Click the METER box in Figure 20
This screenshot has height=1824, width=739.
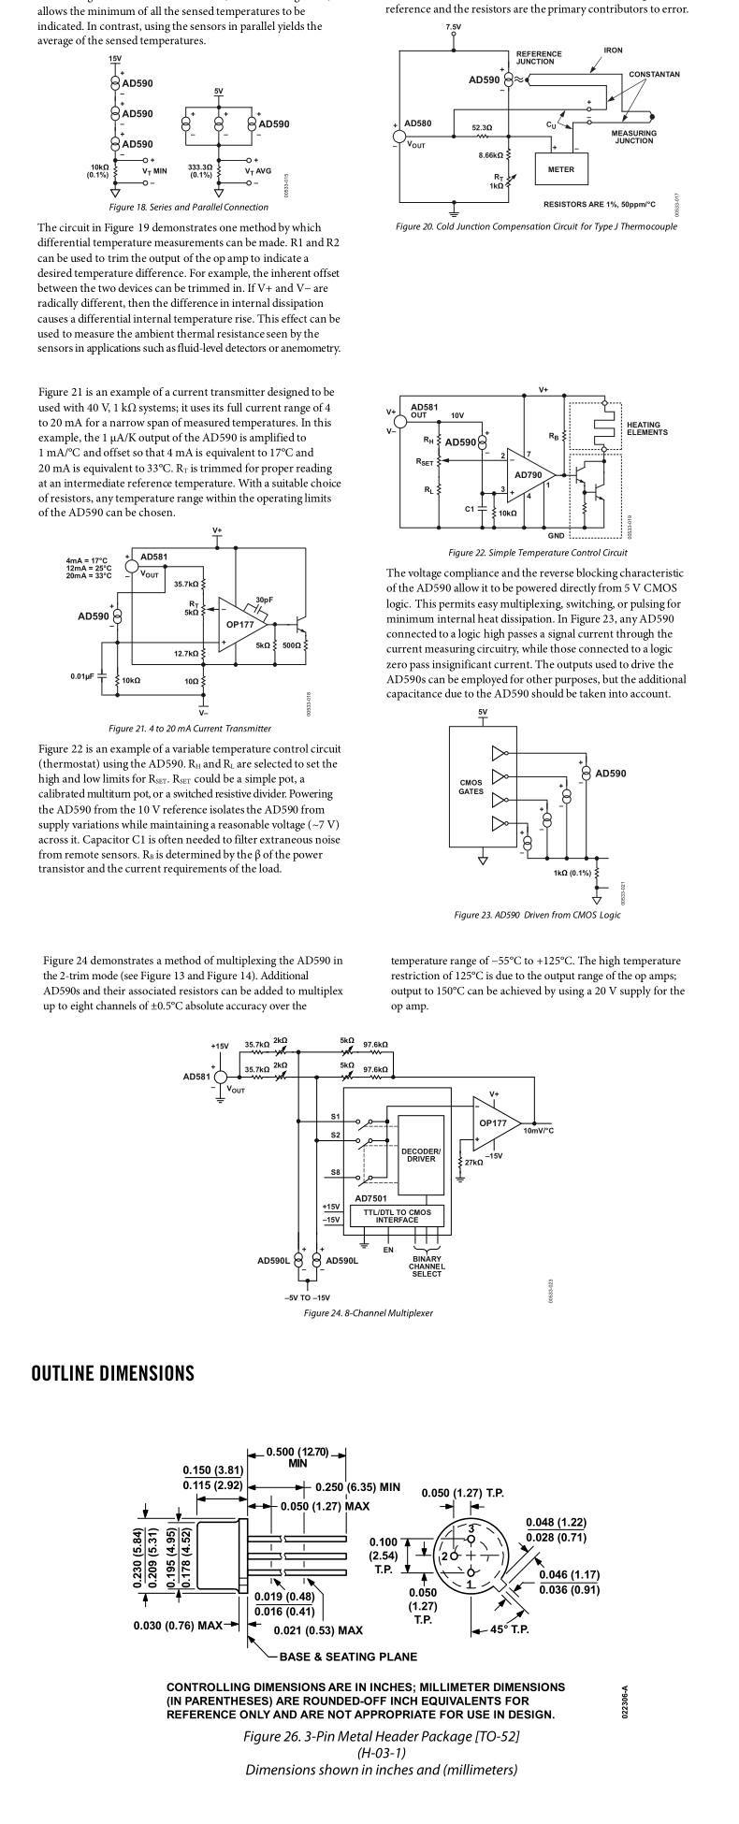pos(561,170)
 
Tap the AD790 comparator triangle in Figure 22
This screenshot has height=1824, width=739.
pos(530,474)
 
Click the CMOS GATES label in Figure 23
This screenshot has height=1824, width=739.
pos(471,787)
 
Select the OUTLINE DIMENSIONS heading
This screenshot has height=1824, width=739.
pos(113,1373)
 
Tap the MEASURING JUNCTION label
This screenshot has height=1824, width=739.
pos(633,137)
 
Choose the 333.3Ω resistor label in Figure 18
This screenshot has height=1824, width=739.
pos(200,170)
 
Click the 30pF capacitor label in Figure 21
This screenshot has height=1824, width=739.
pos(264,600)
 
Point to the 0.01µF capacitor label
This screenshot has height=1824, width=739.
pos(82,676)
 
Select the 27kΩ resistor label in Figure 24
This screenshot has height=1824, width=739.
pos(473,1163)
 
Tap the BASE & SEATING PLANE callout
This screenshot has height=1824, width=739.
pos(348,1657)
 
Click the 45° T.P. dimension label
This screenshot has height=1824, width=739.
pos(510,1629)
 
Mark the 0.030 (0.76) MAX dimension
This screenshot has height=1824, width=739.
pos(177,1625)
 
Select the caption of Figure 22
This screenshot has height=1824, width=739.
pos(537,553)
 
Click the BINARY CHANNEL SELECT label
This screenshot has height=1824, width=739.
pos(427,1267)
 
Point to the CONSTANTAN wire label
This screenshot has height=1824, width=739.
pos(654,75)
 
